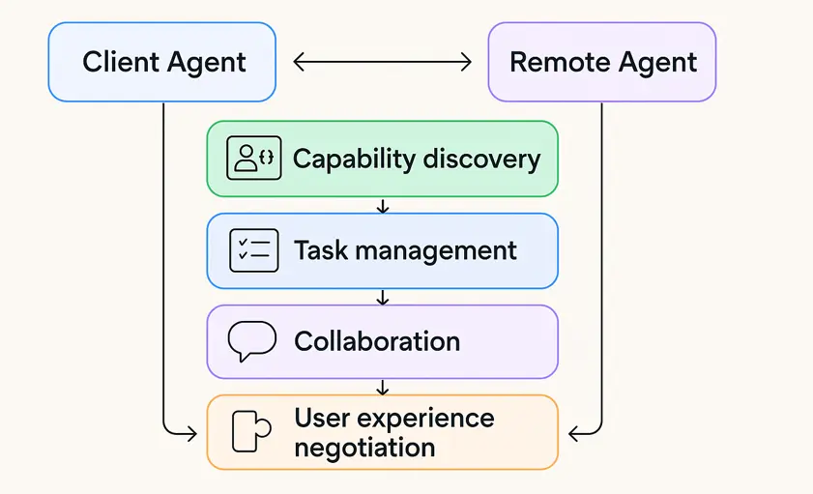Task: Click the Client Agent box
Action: click(x=162, y=63)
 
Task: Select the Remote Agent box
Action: click(x=602, y=63)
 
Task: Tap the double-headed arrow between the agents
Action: click(x=382, y=63)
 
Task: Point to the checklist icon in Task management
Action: click(x=253, y=250)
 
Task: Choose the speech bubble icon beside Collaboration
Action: click(x=251, y=341)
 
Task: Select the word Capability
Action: click(x=352, y=160)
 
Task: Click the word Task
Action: click(x=321, y=250)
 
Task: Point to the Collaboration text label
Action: click(x=377, y=341)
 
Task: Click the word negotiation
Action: click(x=364, y=448)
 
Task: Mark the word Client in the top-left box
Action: click(x=120, y=63)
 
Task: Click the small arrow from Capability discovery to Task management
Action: click(x=383, y=206)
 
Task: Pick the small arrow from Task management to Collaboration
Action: click(x=383, y=297)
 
